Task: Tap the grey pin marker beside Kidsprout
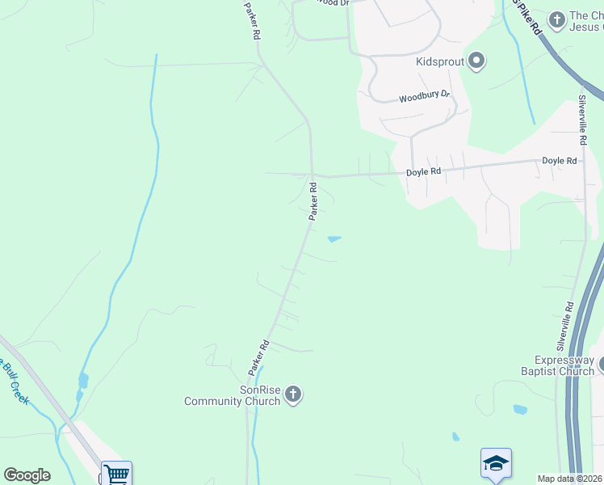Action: pyautogui.click(x=476, y=61)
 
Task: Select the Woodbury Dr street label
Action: pyautogui.click(x=423, y=96)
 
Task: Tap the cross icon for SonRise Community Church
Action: pyautogui.click(x=293, y=394)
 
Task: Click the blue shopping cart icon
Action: pyautogui.click(x=116, y=474)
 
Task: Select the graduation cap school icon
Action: pyautogui.click(x=496, y=463)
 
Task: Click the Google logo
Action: pyautogui.click(x=27, y=475)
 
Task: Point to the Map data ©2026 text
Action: pyautogui.click(x=570, y=479)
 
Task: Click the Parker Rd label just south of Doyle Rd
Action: pyautogui.click(x=312, y=201)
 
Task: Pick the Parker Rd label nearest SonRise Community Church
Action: pyautogui.click(x=258, y=356)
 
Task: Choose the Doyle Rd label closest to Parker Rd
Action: pyautogui.click(x=423, y=171)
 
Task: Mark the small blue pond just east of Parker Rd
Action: pyautogui.click(x=333, y=238)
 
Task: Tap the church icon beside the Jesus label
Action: pyautogui.click(x=556, y=19)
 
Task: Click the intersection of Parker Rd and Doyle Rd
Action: pyautogui.click(x=312, y=175)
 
